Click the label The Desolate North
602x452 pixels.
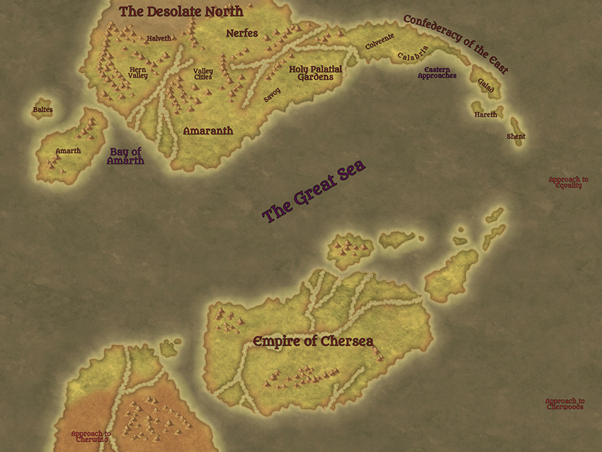[181, 11]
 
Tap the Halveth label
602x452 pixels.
[159, 38]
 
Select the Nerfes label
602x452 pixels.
[242, 33]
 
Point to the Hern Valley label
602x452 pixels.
[138, 72]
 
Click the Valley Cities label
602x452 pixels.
[203, 74]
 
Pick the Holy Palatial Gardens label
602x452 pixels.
[315, 73]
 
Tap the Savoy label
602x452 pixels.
[272, 95]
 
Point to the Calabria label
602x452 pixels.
[413, 55]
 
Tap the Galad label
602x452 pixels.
[486, 84]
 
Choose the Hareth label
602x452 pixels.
[486, 114]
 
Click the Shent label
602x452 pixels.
[516, 136]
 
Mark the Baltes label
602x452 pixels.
[42, 110]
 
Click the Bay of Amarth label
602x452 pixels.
[126, 156]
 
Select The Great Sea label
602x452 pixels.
[314, 191]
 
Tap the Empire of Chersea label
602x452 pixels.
[313, 341]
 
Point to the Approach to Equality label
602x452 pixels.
[568, 182]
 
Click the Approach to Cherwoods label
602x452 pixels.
[564, 404]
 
